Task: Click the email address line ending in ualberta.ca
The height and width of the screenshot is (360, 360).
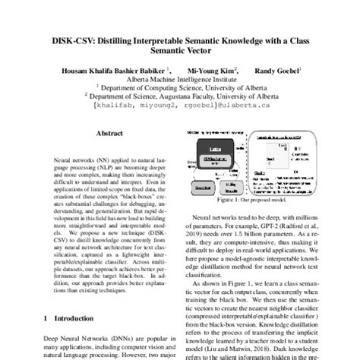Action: point(180,107)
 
